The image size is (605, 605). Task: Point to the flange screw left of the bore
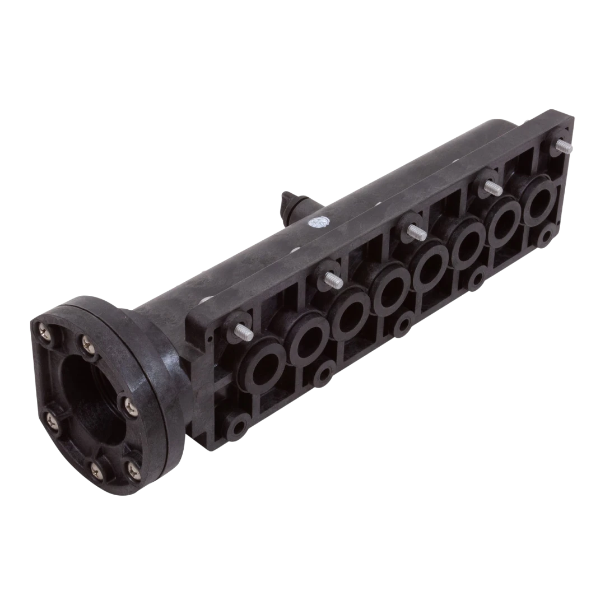[x=48, y=418]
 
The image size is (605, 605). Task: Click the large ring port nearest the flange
[x=262, y=366]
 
